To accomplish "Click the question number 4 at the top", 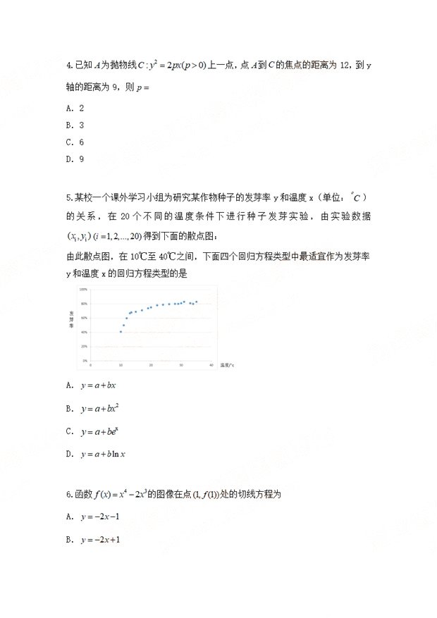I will [68, 66].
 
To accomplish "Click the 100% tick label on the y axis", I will [83, 290].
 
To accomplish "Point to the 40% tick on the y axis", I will [84, 332].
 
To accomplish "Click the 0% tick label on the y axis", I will [85, 361].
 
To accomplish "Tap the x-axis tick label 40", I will [211, 365].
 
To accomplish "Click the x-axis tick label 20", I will [151, 365].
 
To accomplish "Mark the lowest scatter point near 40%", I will [121, 331].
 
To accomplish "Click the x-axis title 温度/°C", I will [227, 366].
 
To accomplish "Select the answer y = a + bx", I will [98, 385].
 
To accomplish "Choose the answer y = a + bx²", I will [99, 408].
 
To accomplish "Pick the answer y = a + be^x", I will [99, 431].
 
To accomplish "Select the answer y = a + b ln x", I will [103, 454].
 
